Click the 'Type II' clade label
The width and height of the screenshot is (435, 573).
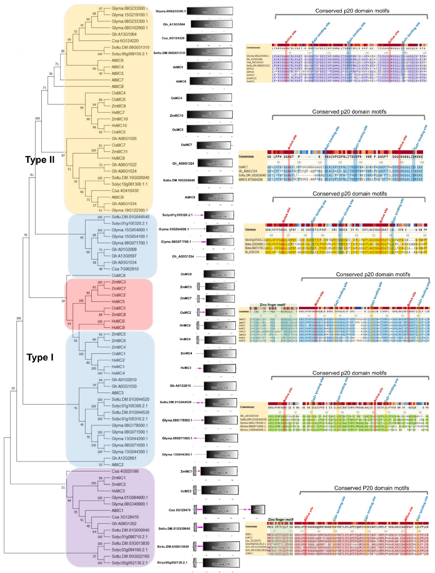(x=40, y=160)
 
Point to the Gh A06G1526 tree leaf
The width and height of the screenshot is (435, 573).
(x=124, y=139)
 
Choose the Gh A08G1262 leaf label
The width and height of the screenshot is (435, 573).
(x=124, y=524)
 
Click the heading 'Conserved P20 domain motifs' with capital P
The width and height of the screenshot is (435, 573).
(x=371, y=488)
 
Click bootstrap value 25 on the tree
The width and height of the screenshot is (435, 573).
(x=13, y=388)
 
